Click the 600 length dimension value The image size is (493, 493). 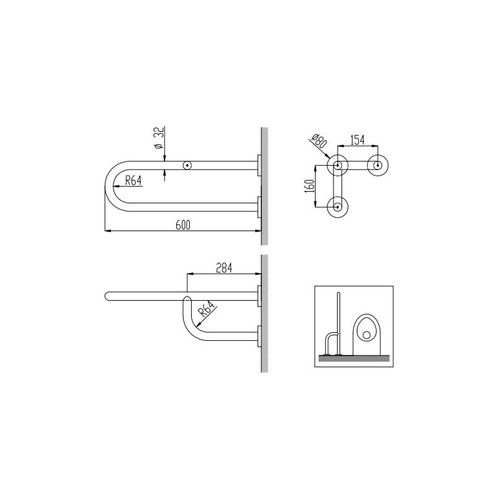183,225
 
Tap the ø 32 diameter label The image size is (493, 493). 160,137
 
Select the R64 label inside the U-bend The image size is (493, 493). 133,181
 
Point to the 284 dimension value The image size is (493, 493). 224,268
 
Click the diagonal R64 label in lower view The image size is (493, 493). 206,309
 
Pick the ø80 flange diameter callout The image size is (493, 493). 319,141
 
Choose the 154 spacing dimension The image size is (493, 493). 357,141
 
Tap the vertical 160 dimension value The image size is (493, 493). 310,186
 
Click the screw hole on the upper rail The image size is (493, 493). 187,165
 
